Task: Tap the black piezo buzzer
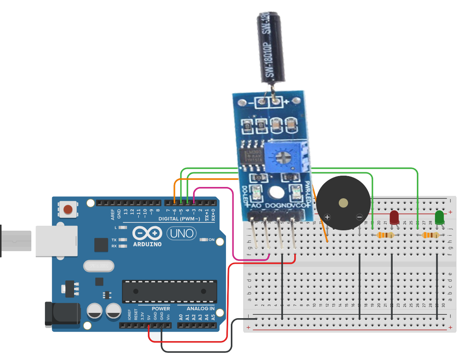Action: tap(343, 203)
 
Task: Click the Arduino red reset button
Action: tap(68, 209)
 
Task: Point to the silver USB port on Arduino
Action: tap(57, 241)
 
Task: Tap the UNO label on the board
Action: tap(181, 234)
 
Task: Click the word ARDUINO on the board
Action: tap(147, 244)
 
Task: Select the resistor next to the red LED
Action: tap(386, 235)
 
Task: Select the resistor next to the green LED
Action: tap(430, 235)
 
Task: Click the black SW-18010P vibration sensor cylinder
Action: tap(270, 47)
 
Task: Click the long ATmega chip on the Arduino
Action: tap(169, 291)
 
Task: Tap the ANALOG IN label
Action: tap(200, 308)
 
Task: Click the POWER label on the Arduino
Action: tap(161, 308)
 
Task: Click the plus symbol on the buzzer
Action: tap(327, 217)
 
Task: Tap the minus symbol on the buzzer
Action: tap(359, 217)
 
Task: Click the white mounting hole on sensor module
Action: tap(276, 192)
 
